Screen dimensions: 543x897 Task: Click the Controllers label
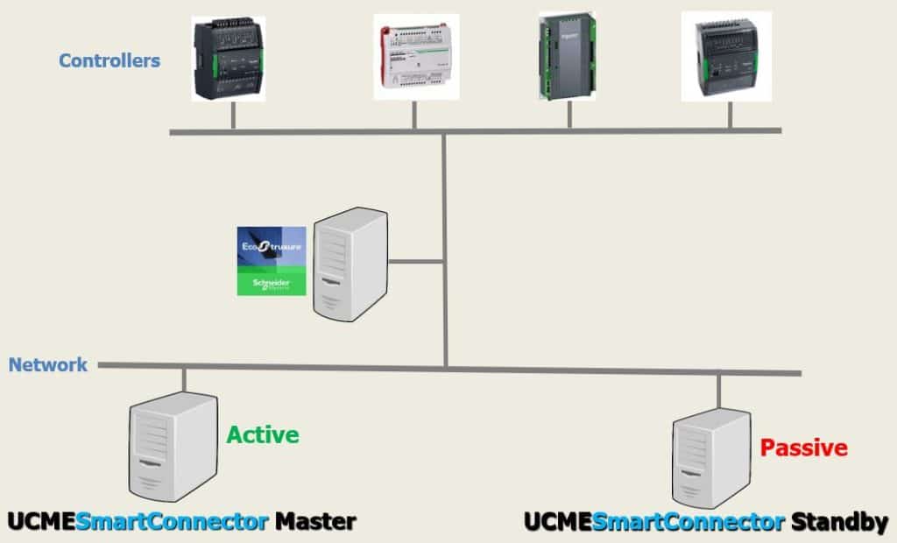[109, 61]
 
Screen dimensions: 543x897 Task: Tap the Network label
[48, 364]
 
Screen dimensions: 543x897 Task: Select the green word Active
[263, 434]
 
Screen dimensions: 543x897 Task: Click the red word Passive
[803, 448]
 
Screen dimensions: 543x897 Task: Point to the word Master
[315, 523]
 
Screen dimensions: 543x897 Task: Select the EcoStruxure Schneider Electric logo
[272, 261]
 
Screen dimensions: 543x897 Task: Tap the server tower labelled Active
[173, 445]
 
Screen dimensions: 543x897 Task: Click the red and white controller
[416, 56]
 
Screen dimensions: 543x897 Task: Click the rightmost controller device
[726, 56]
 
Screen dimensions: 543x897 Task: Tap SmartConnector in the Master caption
[172, 523]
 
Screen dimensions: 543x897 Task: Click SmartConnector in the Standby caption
[688, 523]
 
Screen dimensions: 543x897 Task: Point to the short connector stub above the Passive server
[718, 390]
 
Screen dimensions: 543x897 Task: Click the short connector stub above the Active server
[184, 378]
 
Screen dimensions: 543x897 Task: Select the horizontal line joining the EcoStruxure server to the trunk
[416, 260]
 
